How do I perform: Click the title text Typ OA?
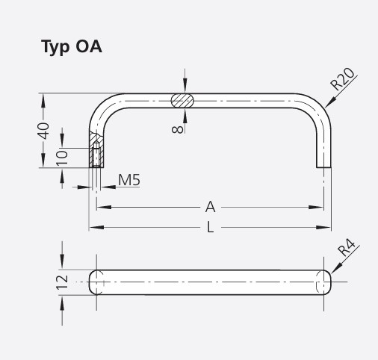click(71, 47)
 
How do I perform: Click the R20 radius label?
click(344, 78)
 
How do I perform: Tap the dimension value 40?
click(44, 131)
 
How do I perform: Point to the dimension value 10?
click(63, 156)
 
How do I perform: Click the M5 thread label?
click(128, 180)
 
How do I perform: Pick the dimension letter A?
click(210, 206)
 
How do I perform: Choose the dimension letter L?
click(210, 227)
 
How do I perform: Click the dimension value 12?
click(62, 282)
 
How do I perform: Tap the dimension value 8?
click(177, 129)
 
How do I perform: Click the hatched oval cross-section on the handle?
click(183, 99)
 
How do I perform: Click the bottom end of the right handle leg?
click(323, 166)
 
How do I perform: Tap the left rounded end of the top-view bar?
click(93, 282)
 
